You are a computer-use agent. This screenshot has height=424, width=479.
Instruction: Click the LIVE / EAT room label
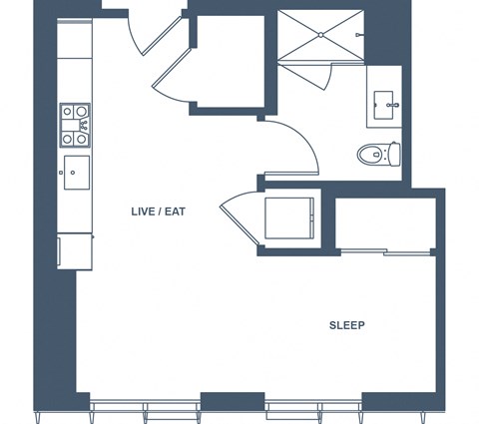[158, 212]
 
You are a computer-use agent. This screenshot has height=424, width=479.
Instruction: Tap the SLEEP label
[347, 325]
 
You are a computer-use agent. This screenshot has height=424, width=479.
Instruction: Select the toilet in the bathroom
[379, 154]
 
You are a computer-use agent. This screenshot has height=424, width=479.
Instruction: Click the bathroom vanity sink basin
[383, 105]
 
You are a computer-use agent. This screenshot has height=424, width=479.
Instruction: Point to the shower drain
[320, 35]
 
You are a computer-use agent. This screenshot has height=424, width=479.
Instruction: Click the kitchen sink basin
[77, 173]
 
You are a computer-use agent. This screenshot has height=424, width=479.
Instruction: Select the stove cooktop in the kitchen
[75, 125]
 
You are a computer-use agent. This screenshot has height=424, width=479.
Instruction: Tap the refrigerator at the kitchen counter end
[75, 251]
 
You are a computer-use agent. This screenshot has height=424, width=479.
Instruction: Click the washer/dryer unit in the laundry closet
[289, 218]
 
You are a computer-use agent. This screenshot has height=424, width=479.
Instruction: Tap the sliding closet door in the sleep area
[386, 252]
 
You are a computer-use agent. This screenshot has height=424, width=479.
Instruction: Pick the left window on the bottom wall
[145, 408]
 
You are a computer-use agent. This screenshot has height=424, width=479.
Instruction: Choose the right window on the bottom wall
[313, 408]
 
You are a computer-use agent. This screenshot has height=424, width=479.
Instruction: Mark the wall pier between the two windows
[233, 401]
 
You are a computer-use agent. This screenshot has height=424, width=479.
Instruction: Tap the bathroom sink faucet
[393, 105]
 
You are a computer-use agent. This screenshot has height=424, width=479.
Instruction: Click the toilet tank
[395, 154]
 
